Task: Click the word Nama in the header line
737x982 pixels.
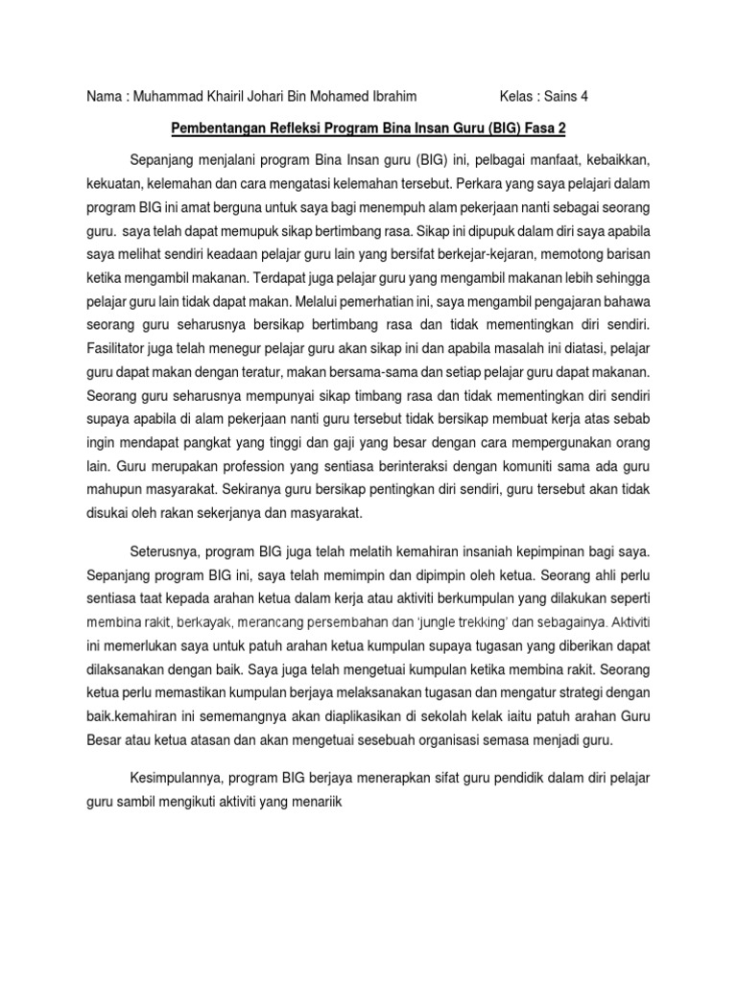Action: click(x=104, y=97)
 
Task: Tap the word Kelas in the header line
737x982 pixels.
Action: click(x=519, y=97)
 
